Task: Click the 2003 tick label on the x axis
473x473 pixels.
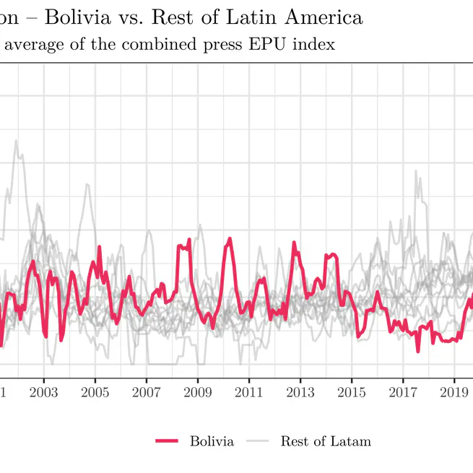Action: (43, 392)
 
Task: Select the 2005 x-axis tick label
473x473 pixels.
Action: (95, 392)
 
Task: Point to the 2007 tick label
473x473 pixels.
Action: (146, 392)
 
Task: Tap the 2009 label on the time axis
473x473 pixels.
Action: (197, 392)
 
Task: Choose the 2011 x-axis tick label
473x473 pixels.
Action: (248, 392)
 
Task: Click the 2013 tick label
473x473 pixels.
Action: (300, 392)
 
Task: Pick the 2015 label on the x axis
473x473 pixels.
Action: (351, 392)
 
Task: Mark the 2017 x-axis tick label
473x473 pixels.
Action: (402, 392)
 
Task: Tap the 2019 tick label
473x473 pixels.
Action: (454, 392)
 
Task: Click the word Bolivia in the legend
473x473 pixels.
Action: (212, 441)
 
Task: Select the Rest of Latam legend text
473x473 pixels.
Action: (326, 441)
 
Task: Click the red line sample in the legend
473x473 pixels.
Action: (167, 441)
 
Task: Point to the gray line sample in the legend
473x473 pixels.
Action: (258, 441)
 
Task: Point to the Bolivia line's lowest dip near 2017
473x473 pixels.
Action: (418, 351)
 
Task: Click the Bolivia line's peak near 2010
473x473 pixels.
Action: (230, 238)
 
